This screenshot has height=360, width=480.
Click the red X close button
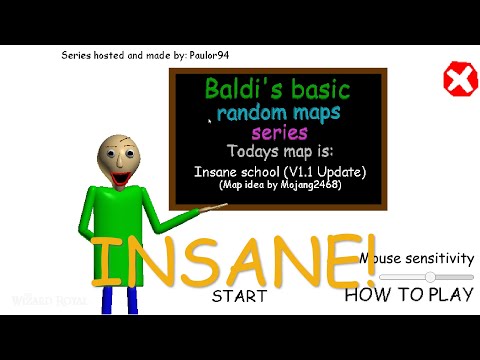pos(459,78)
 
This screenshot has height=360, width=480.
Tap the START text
pos(239,296)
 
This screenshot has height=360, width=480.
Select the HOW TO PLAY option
pos(409,294)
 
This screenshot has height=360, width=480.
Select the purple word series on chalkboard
pos(279,132)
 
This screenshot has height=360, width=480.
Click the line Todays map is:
pos(279,152)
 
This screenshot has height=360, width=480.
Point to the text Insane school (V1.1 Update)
pos(280,172)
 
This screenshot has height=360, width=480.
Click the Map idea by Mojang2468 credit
pos(281,186)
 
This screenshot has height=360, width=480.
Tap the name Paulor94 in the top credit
pos(217,55)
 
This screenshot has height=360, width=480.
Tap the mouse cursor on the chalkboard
pos(209,122)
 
